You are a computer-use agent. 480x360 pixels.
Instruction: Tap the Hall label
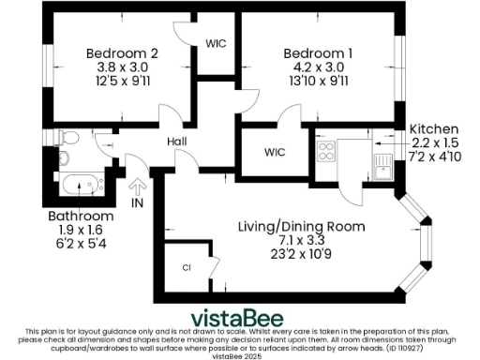click(176, 142)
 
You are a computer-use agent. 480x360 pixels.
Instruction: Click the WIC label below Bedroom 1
click(275, 152)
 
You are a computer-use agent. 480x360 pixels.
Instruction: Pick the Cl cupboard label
click(186, 267)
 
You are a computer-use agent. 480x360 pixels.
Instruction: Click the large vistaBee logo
click(240, 316)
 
